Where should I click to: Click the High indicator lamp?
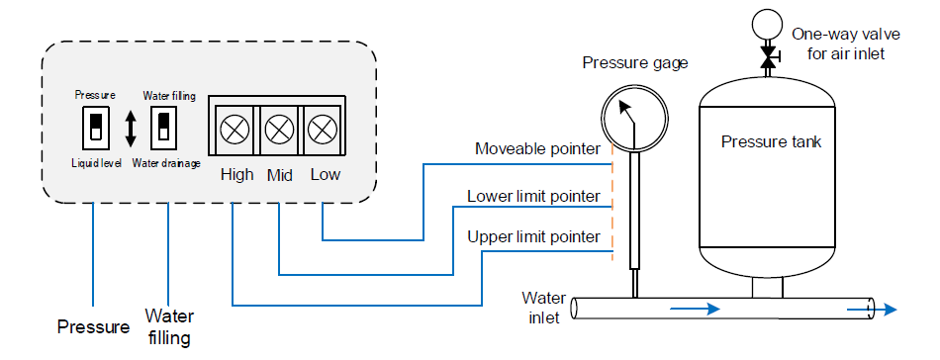tap(231, 129)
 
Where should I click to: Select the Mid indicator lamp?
tap(279, 129)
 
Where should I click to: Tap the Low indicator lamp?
tap(322, 129)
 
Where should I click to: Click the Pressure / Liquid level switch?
tap(95, 128)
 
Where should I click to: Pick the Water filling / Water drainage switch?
tap(164, 128)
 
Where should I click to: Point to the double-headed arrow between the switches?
tap(131, 128)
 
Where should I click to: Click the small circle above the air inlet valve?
tap(766, 24)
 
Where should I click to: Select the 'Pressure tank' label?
tap(771, 142)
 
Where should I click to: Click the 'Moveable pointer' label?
tap(537, 148)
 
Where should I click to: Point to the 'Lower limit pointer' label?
tap(533, 196)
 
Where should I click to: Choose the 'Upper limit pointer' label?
tap(533, 236)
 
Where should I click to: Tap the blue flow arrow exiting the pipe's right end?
tap(872, 310)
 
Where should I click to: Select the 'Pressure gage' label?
tap(635, 62)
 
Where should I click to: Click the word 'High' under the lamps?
tap(236, 175)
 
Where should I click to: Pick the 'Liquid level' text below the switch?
tap(97, 163)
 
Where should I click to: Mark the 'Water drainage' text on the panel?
tap(166, 163)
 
